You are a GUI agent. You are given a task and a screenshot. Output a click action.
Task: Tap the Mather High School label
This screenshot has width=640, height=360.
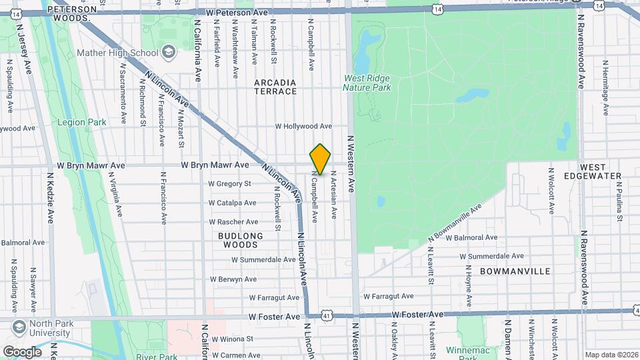(117, 53)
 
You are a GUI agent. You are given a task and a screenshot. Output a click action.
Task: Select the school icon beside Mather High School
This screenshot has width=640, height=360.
(169, 52)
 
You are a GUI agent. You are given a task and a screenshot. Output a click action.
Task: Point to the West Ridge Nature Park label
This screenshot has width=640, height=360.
(367, 83)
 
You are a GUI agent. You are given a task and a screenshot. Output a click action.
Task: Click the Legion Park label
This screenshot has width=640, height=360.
(82, 123)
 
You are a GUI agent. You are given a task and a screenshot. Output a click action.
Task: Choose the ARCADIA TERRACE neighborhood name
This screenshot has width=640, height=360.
(275, 87)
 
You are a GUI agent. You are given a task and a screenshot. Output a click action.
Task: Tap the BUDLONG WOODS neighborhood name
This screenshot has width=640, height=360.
(240, 240)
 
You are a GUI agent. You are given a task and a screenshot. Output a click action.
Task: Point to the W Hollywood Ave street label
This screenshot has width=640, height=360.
(303, 126)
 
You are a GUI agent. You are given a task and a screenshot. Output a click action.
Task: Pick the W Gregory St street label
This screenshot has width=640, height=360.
(229, 183)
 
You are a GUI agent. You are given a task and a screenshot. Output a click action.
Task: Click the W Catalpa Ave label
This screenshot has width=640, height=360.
(232, 203)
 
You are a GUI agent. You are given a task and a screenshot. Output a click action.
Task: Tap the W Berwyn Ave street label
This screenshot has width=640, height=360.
(233, 279)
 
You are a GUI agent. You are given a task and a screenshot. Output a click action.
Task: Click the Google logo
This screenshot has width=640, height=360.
(22, 351)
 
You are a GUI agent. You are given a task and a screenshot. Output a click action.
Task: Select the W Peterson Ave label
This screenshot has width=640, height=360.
(237, 13)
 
